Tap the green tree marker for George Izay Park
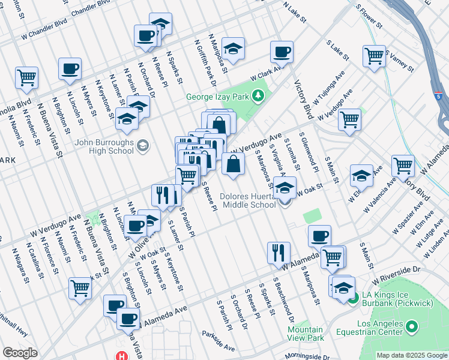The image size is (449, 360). point(258,95)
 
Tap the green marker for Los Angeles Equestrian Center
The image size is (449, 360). point(411,327)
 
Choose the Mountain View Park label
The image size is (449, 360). point(304,334)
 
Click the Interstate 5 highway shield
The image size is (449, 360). point(439,96)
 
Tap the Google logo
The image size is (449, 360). point(20,353)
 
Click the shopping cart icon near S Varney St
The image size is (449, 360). point(374,56)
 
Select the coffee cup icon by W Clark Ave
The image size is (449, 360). point(281,51)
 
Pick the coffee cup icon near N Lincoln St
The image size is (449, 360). point(70,68)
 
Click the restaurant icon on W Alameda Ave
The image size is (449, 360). point(279,252)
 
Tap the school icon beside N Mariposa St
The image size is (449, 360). point(233,47)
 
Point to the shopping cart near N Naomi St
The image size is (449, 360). point(26,77)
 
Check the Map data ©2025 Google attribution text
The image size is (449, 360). point(412,355)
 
